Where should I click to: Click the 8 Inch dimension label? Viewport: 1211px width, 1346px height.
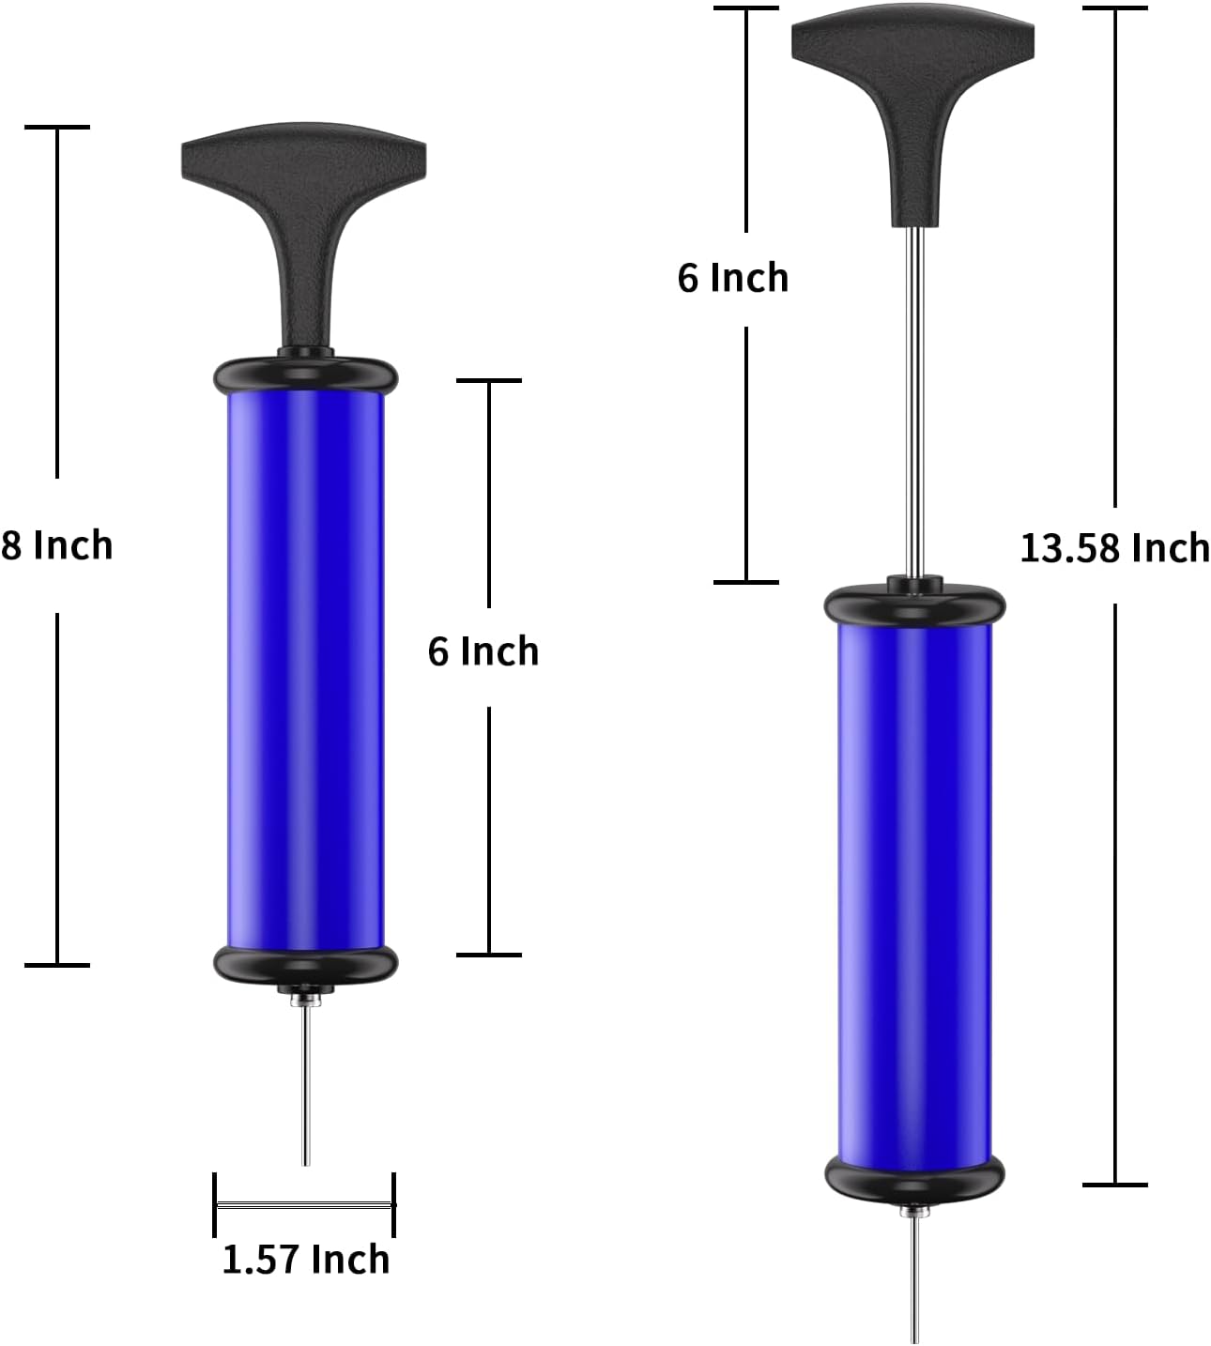click(x=56, y=544)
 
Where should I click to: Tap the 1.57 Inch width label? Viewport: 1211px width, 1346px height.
click(x=305, y=1259)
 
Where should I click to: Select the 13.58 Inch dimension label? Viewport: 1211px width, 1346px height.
click(x=1115, y=547)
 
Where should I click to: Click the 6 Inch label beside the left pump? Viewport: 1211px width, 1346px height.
click(x=483, y=650)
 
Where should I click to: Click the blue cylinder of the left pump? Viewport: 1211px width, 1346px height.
click(x=305, y=671)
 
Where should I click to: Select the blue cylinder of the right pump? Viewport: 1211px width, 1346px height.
click(x=914, y=895)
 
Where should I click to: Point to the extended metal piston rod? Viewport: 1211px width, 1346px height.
click(x=913, y=403)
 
